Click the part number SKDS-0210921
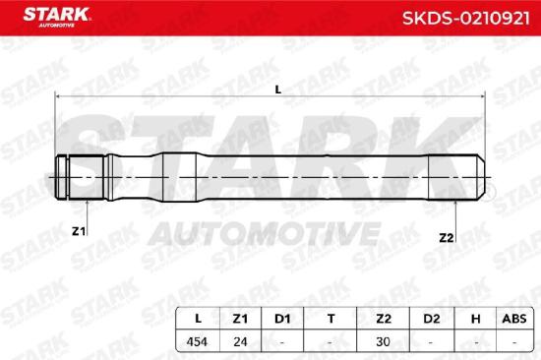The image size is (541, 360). coord(465,19)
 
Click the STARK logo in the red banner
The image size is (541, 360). coord(56,18)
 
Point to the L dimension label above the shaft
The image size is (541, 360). coord(278,90)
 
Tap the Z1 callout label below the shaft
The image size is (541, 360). coord(79,231)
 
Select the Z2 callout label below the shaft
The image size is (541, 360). coord(447,237)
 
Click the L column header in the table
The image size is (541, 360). coord(198,319)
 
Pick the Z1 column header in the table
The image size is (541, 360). coord(240,319)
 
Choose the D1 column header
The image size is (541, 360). coord(282,319)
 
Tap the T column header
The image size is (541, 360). coord(331,319)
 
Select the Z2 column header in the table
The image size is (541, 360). coord(384,319)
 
